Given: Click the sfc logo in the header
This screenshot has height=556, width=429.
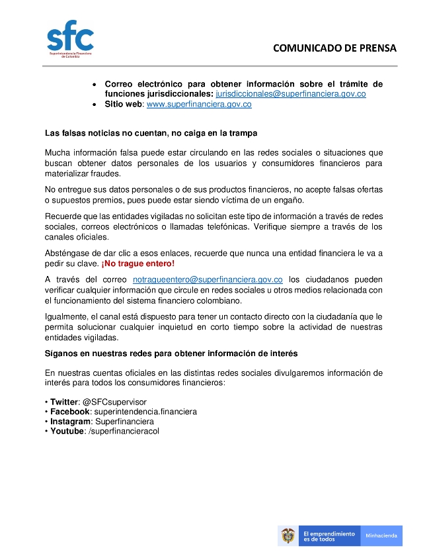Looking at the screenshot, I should pos(69,40).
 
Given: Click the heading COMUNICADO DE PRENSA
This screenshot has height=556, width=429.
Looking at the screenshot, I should pos(334,48).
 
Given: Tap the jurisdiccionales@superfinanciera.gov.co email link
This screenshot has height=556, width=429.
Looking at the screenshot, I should pos(291,94).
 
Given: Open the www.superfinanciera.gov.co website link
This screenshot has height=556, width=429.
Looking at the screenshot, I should pos(198,105).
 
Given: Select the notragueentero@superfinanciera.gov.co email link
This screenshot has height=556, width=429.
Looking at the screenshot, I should pos(208,280).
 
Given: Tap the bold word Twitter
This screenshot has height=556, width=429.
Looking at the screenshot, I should pos(63,402).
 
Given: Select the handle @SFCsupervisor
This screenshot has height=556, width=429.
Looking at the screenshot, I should pos(115,402).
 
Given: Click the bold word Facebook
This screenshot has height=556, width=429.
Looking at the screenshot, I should pos(70,412).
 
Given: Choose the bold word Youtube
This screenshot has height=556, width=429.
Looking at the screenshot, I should pos(67,431).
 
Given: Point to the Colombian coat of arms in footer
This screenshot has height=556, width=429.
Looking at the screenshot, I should pos(288,535).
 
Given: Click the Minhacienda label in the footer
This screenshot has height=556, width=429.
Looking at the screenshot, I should pos(381,535).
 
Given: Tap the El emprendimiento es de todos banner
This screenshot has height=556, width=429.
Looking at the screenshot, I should pos(328,535).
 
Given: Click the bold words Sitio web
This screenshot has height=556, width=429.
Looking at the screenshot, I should pos(124,105).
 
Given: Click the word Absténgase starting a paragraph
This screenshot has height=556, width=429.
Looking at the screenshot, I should pos(69,254).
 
